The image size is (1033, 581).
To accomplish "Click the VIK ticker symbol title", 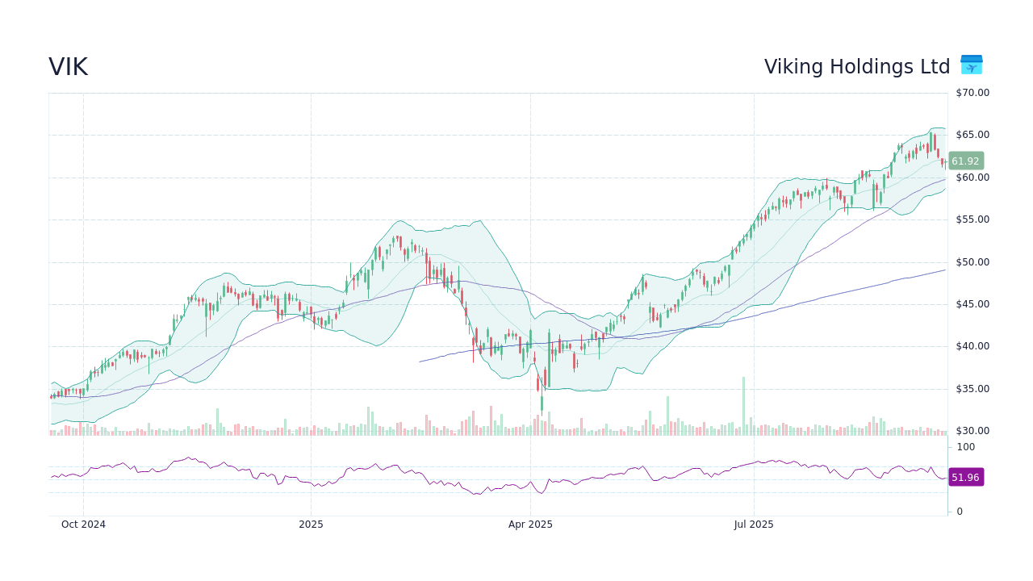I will (68, 67).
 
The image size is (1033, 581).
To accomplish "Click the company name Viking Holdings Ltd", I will (857, 67).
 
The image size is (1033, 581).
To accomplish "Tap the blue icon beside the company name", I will (971, 65).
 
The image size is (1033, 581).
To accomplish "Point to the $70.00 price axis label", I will (972, 93).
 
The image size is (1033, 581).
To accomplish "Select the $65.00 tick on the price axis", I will (972, 135).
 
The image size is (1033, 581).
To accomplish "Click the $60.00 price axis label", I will (972, 178).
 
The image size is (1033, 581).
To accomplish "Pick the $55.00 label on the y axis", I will (972, 219).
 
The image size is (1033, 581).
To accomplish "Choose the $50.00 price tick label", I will (972, 262).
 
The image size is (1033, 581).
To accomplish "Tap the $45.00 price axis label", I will (972, 304).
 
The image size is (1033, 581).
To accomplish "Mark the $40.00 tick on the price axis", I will (972, 346).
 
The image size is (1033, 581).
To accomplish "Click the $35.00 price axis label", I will (972, 389).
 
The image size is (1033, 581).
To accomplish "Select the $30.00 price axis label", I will (972, 431).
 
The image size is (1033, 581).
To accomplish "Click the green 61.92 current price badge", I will (965, 161).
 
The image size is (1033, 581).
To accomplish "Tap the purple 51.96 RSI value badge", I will (965, 477).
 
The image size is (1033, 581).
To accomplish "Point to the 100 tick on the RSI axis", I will (966, 447).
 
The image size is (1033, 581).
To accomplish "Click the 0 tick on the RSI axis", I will (960, 512).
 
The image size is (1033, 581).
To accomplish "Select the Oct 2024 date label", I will (84, 525).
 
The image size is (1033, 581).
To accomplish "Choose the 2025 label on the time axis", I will (311, 525).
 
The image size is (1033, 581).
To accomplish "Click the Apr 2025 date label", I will (530, 525).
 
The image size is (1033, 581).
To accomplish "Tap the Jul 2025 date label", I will (754, 525).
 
